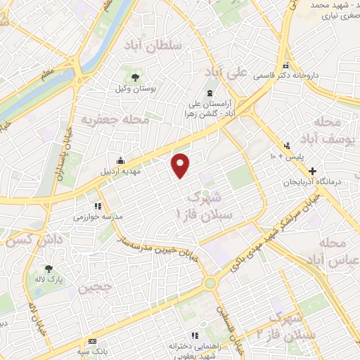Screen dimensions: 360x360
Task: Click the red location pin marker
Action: tap(181, 165)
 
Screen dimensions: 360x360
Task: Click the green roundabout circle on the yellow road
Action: tap(210, 283)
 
